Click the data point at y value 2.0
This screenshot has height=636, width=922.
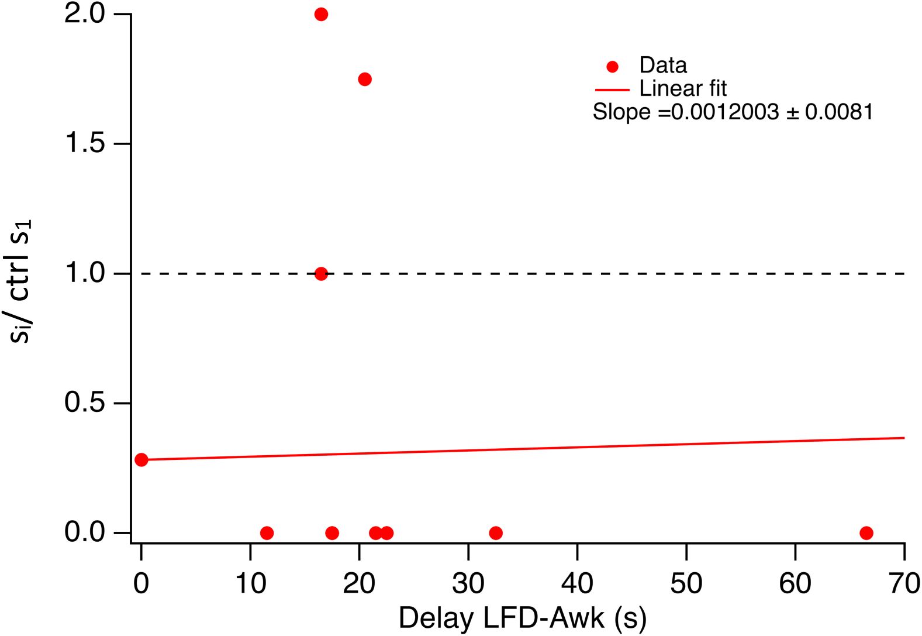tap(321, 14)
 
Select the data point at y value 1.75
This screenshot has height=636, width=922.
tap(365, 79)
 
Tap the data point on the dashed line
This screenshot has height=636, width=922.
tap(321, 273)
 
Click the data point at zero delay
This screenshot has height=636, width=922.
tap(141, 460)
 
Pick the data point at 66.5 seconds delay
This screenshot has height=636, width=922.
tap(866, 533)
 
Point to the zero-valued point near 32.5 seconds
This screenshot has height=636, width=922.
tap(496, 533)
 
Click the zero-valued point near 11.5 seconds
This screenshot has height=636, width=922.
tap(267, 533)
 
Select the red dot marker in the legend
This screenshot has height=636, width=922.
tap(612, 67)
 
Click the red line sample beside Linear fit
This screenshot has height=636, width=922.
tap(612, 90)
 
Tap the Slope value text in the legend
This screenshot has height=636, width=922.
tap(733, 112)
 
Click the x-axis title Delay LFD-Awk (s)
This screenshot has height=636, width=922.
tap(522, 618)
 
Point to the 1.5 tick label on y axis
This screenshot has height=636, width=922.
tap(85, 143)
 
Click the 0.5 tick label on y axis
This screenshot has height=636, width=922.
tap(85, 403)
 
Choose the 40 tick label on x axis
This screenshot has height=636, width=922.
tap(577, 583)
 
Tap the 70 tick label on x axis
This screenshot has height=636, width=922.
tap(903, 583)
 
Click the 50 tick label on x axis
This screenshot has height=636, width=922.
tap(686, 583)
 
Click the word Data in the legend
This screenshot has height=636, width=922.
tap(663, 65)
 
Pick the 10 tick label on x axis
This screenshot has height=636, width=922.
tap(250, 583)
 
